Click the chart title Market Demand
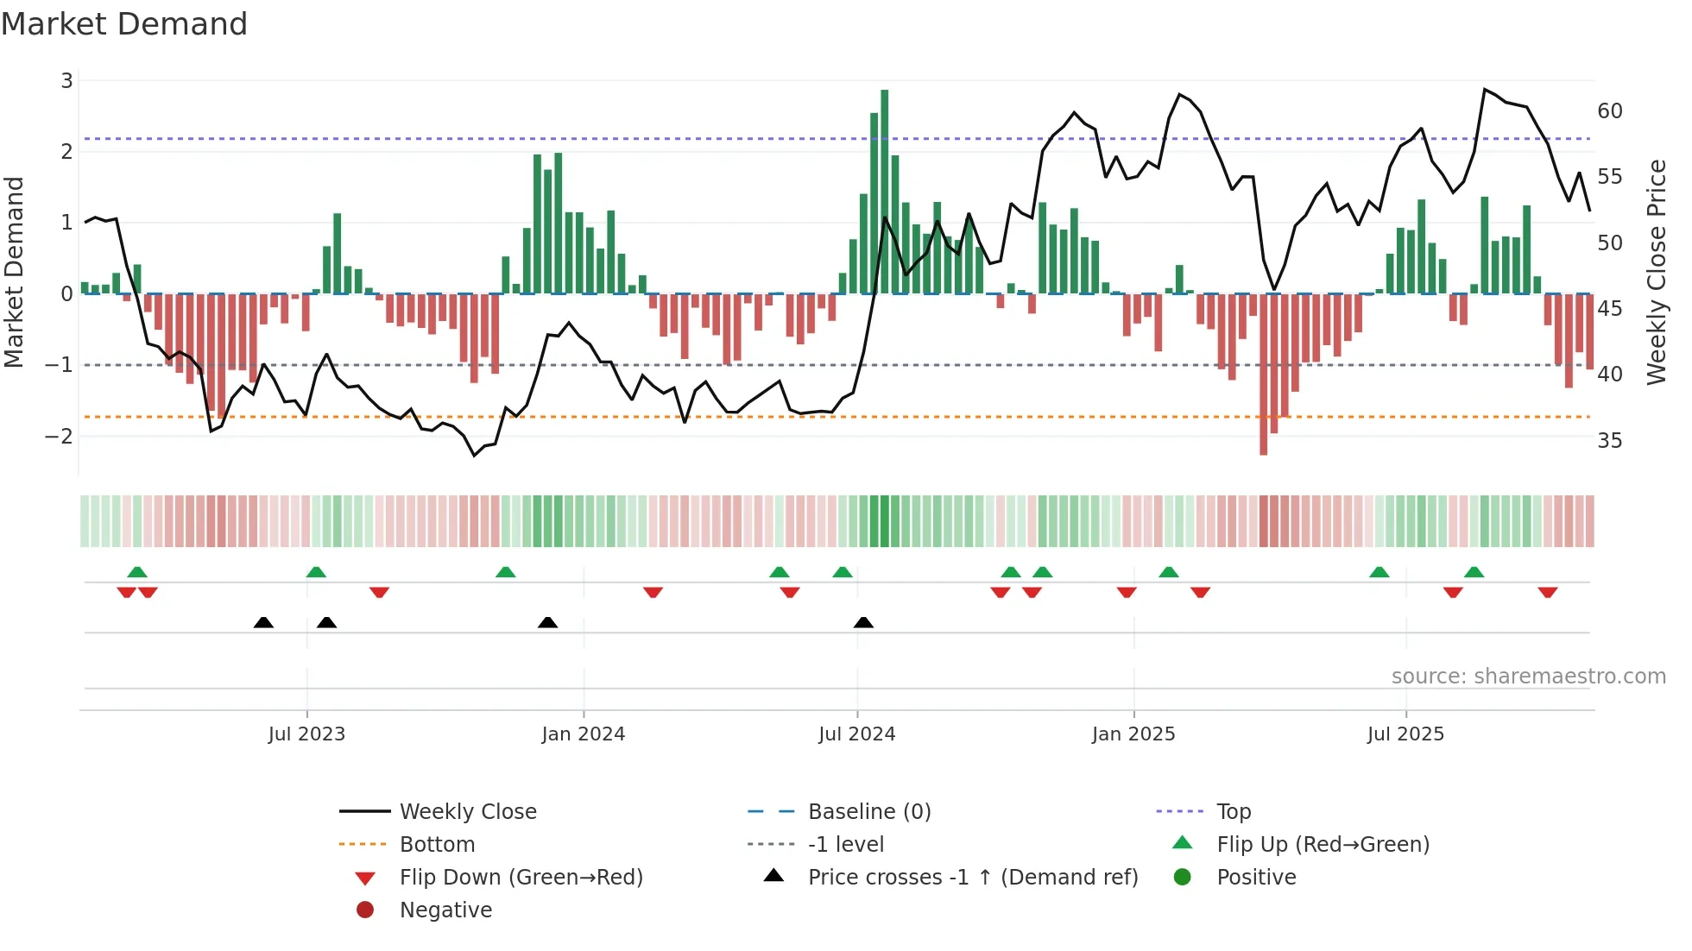(x=124, y=24)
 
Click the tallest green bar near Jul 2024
(x=884, y=190)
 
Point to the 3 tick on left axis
(x=66, y=81)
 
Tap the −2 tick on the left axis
(x=60, y=436)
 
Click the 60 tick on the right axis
(x=1609, y=111)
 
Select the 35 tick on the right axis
(x=1609, y=441)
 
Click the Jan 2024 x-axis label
(x=583, y=734)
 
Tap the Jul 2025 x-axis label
(x=1405, y=734)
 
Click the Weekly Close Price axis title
(x=1656, y=272)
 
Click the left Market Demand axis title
(x=15, y=272)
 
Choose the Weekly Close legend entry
(x=467, y=812)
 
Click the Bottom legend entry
(x=437, y=845)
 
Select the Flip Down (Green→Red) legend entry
(x=521, y=878)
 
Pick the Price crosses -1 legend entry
(x=972, y=878)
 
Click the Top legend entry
(x=1233, y=812)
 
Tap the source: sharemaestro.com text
(x=1528, y=677)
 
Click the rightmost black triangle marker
(x=863, y=622)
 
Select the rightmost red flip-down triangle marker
(x=1547, y=592)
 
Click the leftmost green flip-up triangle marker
(x=137, y=572)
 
